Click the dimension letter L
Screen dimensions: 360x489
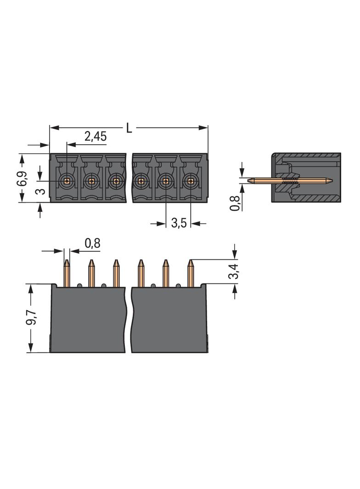[129, 128]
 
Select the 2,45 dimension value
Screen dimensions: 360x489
[96, 136]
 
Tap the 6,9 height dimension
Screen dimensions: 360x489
[22, 178]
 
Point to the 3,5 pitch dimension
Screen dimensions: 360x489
[179, 223]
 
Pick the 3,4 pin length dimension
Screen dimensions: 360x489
[234, 271]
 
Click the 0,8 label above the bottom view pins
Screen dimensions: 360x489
[92, 243]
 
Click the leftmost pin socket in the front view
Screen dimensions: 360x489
[66, 180]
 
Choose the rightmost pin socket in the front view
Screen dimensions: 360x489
[190, 180]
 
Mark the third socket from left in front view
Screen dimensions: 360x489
[116, 181]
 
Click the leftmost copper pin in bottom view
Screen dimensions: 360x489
[67, 273]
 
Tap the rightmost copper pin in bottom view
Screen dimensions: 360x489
[190, 273]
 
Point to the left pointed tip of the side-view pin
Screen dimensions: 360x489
[248, 180]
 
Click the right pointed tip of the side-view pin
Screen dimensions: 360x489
[332, 180]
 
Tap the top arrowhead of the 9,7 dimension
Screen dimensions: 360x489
[31, 289]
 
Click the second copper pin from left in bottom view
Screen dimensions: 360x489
[91, 273]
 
